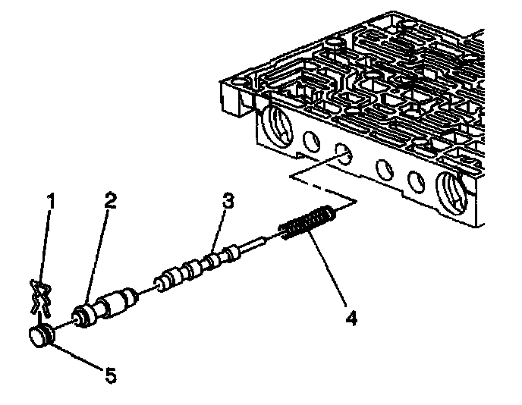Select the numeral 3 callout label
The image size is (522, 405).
(x=228, y=201)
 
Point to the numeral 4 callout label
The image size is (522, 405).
(x=350, y=316)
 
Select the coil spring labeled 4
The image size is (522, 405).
(x=307, y=224)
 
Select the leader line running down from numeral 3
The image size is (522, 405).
(x=221, y=228)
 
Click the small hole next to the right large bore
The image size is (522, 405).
(x=415, y=180)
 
